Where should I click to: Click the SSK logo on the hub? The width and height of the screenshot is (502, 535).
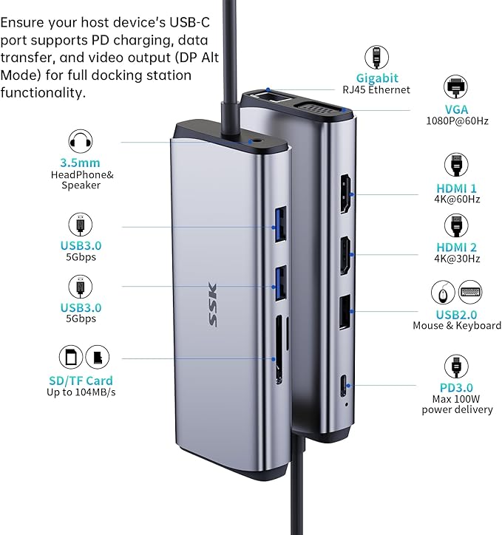click(213, 304)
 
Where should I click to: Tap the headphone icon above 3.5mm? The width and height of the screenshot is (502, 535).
click(80, 141)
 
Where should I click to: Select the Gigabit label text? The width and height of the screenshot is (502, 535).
click(377, 78)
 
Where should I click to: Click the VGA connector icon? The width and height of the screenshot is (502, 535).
click(455, 86)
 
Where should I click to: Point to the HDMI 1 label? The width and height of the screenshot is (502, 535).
click(456, 188)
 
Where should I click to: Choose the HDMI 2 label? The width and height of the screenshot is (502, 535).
click(456, 248)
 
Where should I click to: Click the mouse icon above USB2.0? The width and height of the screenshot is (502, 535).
click(443, 293)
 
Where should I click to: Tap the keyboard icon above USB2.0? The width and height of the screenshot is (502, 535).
click(470, 293)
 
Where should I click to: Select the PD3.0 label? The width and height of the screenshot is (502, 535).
click(456, 388)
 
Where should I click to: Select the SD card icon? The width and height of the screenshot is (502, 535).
click(71, 357)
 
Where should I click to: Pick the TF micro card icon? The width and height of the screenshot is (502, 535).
click(98, 357)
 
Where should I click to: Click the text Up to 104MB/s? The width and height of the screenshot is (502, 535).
click(81, 392)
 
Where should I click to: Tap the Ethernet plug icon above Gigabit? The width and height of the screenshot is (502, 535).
click(376, 57)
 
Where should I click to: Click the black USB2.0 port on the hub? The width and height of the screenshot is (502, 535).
click(345, 312)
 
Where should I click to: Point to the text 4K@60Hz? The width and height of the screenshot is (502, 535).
click(457, 199)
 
